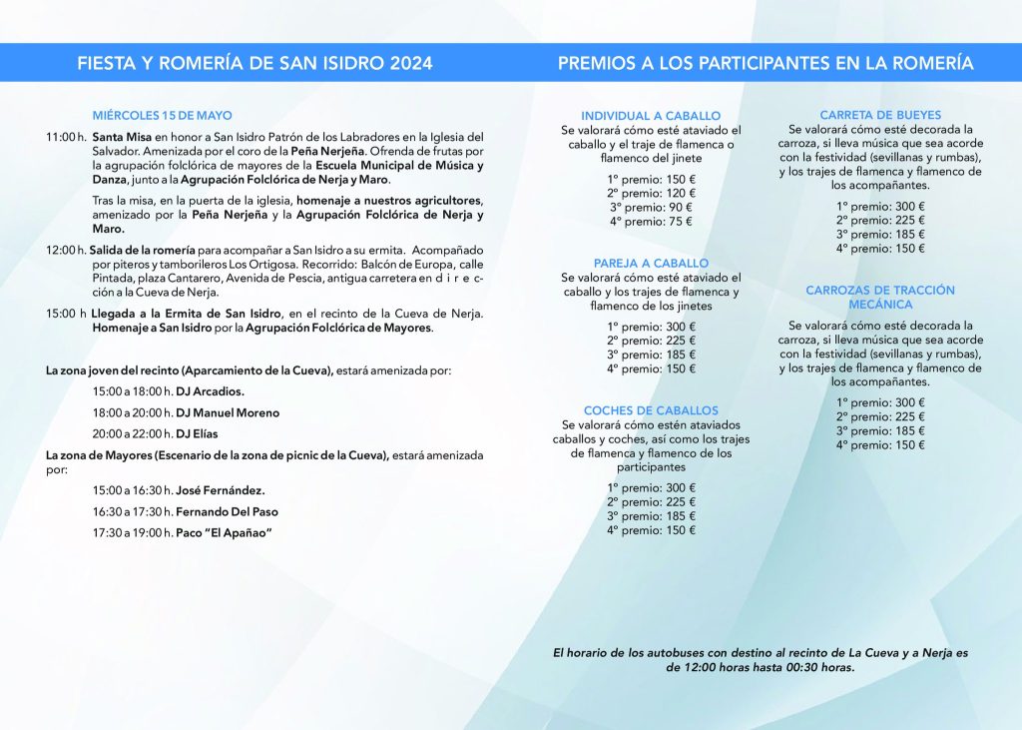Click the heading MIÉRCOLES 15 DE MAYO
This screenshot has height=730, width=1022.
pyautogui.click(x=162, y=116)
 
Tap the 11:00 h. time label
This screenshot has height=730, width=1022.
pyautogui.click(x=66, y=137)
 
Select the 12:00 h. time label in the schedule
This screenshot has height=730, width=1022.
pyautogui.click(x=66, y=249)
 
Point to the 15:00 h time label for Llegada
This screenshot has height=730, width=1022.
pyautogui.click(x=66, y=314)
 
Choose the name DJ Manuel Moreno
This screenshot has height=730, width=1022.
pyautogui.click(x=228, y=412)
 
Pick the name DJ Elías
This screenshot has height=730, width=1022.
pyautogui.click(x=197, y=434)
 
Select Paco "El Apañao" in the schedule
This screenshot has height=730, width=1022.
pyautogui.click(x=224, y=532)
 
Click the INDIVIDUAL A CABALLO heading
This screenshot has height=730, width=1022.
pyautogui.click(x=651, y=116)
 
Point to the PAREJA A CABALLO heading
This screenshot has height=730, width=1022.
pyautogui.click(x=651, y=263)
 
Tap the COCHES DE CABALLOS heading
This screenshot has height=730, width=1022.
pyautogui.click(x=651, y=410)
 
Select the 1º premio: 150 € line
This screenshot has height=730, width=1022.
pyautogui.click(x=651, y=179)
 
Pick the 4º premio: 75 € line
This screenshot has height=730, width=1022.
pyautogui.click(x=651, y=222)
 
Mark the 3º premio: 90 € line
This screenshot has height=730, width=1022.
pyautogui.click(x=651, y=208)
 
